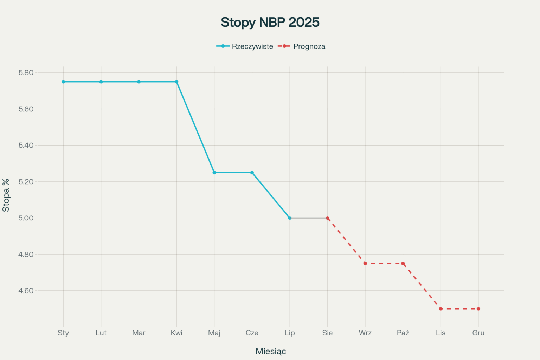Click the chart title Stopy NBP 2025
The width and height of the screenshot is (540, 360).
click(x=270, y=22)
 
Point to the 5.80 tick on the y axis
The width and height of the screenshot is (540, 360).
click(x=26, y=73)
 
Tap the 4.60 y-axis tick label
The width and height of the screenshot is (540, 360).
click(x=26, y=291)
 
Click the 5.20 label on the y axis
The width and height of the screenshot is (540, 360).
click(x=26, y=182)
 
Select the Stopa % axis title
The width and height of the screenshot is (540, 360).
click(x=6, y=195)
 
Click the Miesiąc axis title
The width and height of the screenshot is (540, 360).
click(x=271, y=351)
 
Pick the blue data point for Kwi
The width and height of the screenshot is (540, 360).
click(x=176, y=82)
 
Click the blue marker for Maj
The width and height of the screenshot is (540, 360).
click(x=214, y=173)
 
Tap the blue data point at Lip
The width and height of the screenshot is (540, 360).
click(x=290, y=218)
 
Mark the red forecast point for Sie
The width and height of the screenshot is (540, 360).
click(x=327, y=218)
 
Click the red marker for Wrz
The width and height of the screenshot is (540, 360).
click(x=365, y=263)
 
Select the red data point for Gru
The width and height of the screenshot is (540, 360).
click(x=478, y=309)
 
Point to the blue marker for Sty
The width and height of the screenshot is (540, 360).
click(x=63, y=82)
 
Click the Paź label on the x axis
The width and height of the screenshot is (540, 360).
click(x=403, y=333)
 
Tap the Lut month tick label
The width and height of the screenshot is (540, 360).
click(x=101, y=333)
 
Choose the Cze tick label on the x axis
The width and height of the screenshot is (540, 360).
click(x=252, y=333)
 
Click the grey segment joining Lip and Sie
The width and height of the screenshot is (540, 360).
click(x=309, y=218)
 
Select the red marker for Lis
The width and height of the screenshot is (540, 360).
click(x=441, y=309)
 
